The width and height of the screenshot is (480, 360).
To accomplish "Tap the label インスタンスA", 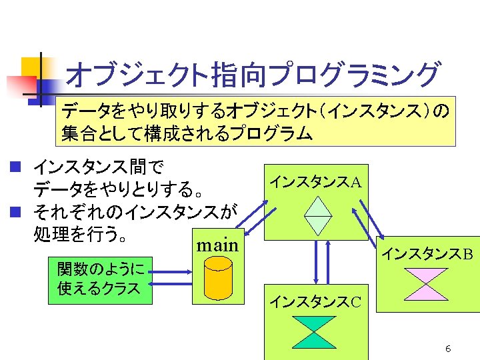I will click(315, 181).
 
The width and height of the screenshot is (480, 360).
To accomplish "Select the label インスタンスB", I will click(427, 254).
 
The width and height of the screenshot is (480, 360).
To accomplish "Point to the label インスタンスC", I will click(315, 302).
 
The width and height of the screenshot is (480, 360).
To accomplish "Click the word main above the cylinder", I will click(217, 245).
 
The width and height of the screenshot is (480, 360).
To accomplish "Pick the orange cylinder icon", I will click(218, 279).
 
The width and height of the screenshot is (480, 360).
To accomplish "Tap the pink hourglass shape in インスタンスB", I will click(427, 284).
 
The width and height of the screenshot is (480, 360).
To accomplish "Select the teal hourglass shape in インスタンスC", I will click(315, 332).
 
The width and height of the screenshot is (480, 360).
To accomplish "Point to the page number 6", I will click(448, 349).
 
